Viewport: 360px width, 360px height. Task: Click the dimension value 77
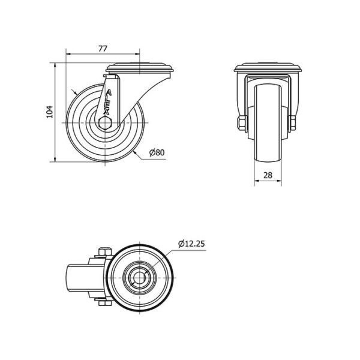[x=103, y=49]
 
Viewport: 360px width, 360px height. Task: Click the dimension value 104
[x=50, y=112]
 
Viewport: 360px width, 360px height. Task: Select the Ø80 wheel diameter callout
[x=157, y=152]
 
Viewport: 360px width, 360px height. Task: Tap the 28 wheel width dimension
[x=268, y=175]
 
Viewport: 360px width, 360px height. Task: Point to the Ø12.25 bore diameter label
[x=191, y=244]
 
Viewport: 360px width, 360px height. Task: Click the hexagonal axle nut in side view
[x=105, y=123]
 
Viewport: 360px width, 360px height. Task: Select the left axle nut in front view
[x=242, y=123]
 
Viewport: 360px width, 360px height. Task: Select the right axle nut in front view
[x=293, y=123]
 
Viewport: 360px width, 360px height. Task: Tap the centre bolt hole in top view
[x=139, y=278]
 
